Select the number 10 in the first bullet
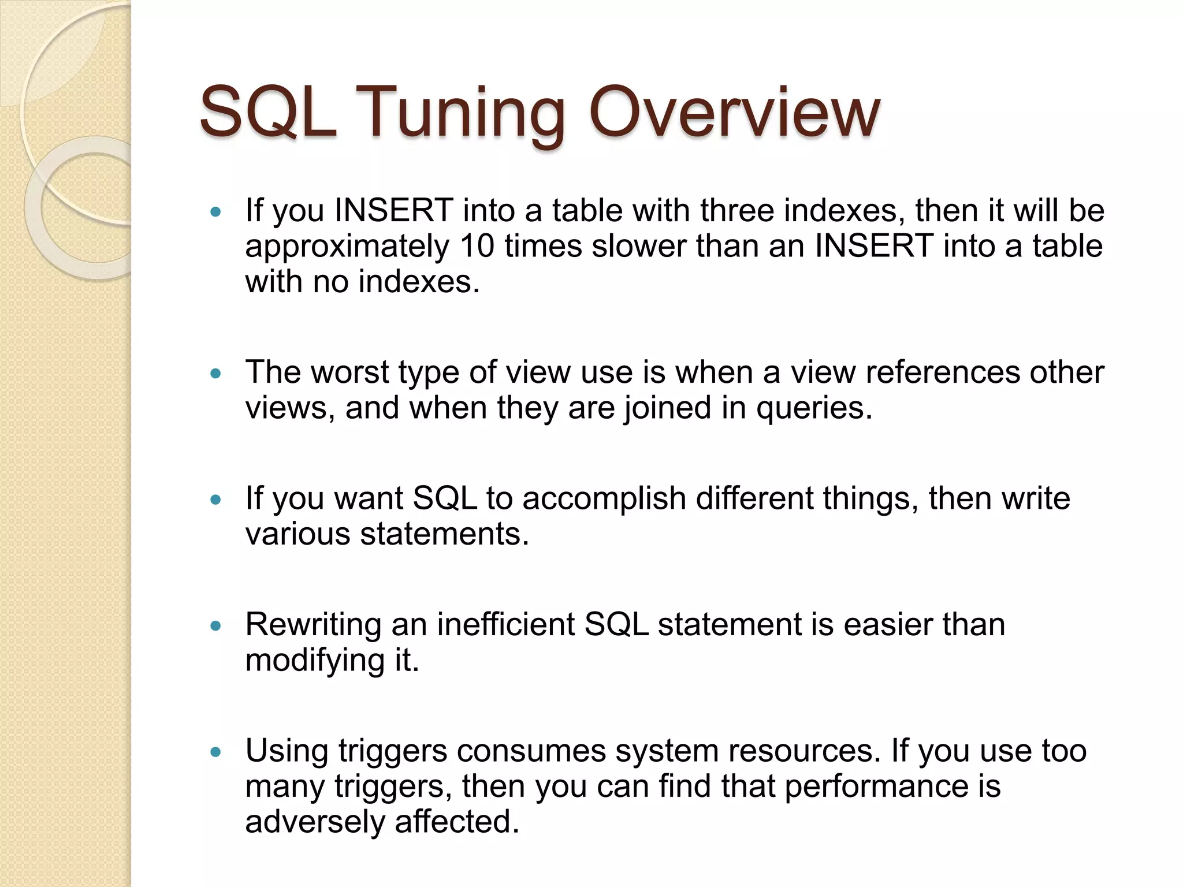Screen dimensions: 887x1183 [x=477, y=246]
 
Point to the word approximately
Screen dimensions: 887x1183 [x=347, y=247]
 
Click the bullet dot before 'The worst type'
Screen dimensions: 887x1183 [x=216, y=374]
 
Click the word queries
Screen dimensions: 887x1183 [x=814, y=409]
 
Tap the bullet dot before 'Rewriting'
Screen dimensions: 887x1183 [x=216, y=626]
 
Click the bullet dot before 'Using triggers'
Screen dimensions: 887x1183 [x=216, y=752]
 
